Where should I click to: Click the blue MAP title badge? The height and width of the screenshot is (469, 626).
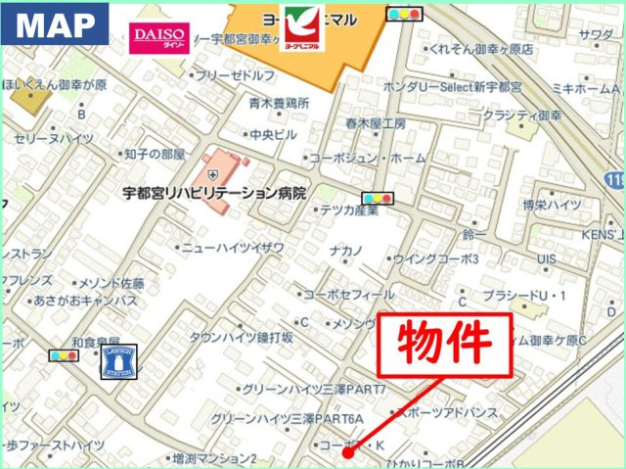click(x=55, y=27)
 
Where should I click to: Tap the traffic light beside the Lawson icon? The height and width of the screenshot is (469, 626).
click(x=65, y=356)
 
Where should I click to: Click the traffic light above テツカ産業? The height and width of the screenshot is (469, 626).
click(x=377, y=198)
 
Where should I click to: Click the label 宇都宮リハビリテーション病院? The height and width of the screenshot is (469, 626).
click(x=223, y=193)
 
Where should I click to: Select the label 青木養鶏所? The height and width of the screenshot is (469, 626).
click(x=279, y=102)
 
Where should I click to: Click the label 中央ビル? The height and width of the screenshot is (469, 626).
click(x=273, y=135)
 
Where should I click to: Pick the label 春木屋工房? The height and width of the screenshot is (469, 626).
click(x=375, y=124)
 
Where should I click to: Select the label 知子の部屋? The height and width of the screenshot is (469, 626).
click(x=155, y=154)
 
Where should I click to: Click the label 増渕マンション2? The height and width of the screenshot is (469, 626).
click(x=213, y=457)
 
